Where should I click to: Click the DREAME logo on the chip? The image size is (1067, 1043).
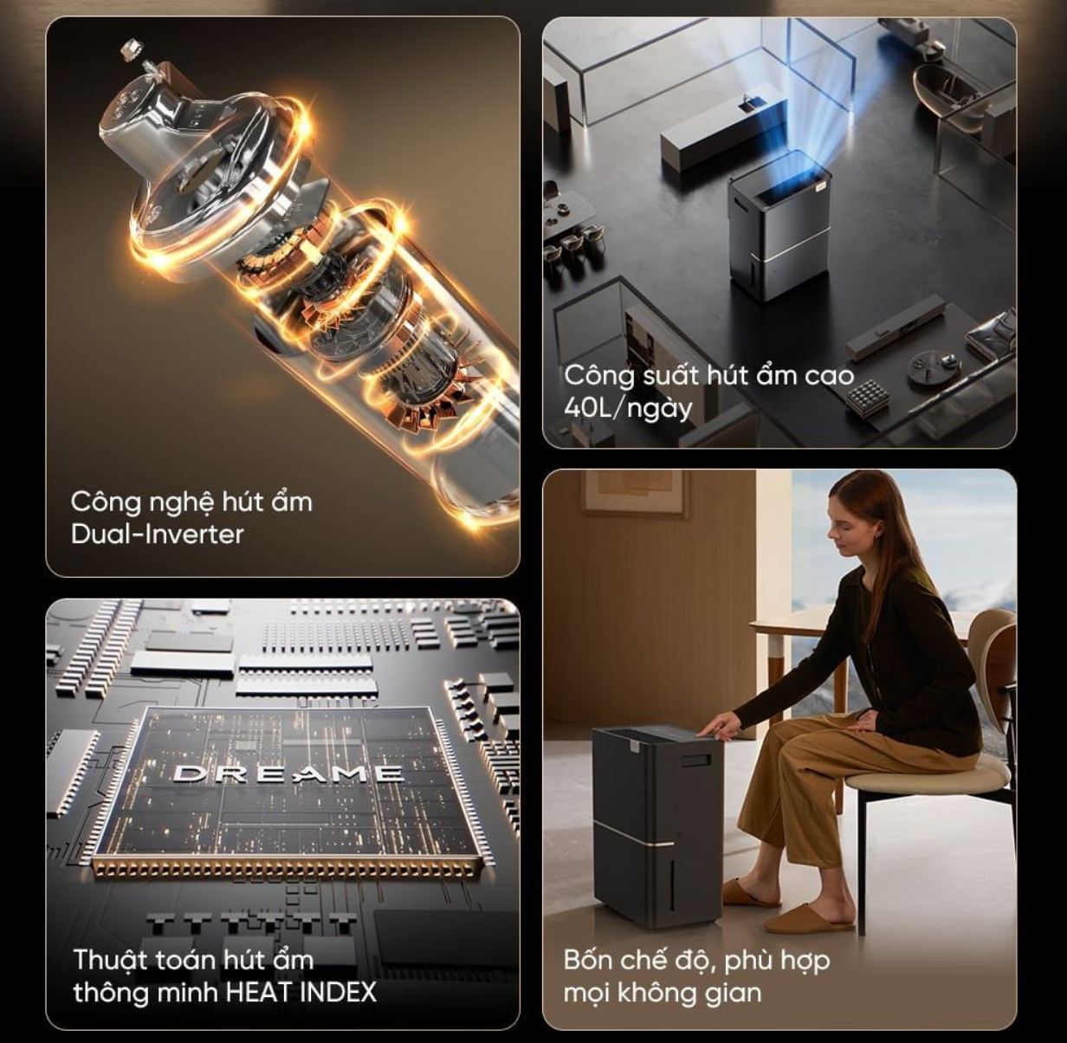point(288,774)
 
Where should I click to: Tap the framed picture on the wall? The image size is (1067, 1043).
point(633,493)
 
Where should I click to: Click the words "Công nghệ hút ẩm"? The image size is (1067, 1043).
point(191,502)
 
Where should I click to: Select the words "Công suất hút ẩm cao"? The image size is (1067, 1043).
point(709,376)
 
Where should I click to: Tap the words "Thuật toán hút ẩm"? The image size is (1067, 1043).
point(193,960)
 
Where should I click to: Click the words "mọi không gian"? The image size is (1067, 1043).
point(663,993)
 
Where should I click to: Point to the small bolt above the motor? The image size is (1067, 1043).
point(130,49)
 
